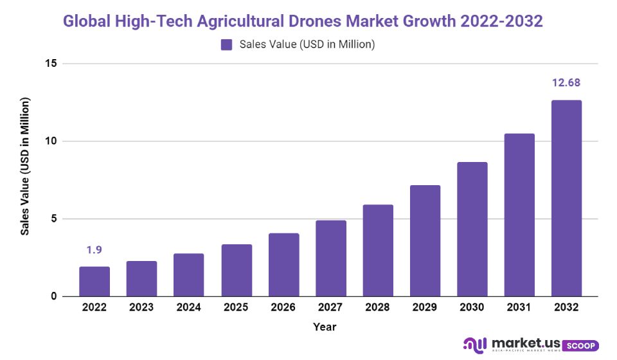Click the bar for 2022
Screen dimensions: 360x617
94,282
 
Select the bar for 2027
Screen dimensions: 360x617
331,258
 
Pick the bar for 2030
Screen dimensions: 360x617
472,229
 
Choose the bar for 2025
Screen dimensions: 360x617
237,270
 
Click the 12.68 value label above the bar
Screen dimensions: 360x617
566,83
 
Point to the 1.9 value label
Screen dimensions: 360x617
94,249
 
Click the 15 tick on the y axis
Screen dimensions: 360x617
51,64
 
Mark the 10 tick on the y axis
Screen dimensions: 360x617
51,141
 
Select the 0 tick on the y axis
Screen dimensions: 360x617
54,296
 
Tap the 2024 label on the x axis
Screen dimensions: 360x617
189,308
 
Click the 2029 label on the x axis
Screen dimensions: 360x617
425,308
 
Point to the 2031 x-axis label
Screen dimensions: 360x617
519,308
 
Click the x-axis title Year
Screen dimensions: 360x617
325,327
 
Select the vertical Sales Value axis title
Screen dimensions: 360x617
25,166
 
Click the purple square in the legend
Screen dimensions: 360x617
226,44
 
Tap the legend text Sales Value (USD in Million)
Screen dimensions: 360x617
307,44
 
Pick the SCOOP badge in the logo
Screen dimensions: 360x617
580,346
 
